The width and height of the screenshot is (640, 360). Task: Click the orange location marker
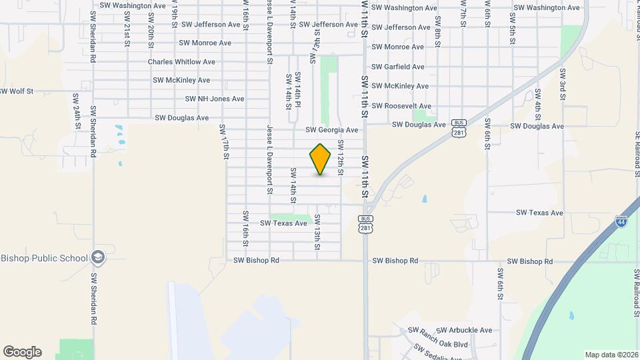[320, 159]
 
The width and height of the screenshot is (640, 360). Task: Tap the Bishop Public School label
[44, 259]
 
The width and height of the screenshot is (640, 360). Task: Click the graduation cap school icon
[98, 257]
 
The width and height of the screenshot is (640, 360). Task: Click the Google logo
[22, 352]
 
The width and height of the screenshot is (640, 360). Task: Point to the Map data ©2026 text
[611, 355]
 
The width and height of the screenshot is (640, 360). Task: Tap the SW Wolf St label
[16, 91]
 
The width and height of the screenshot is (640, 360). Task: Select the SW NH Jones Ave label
[216, 99]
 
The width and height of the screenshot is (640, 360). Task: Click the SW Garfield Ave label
[398, 67]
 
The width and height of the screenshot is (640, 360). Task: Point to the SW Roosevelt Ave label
[401, 106]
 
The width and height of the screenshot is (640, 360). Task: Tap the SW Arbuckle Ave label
[464, 330]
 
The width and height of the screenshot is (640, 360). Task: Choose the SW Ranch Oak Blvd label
[438, 339]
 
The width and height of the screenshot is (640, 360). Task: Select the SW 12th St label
[340, 158]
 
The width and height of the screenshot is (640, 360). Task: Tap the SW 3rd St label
[563, 84]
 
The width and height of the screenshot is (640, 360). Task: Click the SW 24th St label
[77, 111]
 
